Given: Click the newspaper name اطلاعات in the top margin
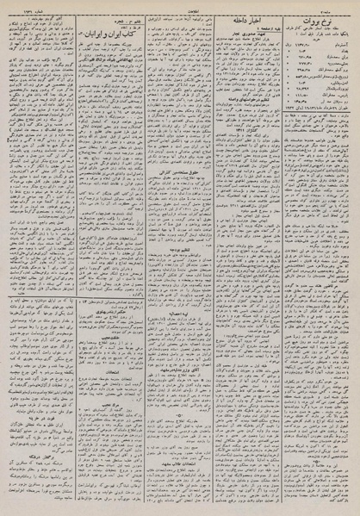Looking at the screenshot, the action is tap(179, 6).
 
